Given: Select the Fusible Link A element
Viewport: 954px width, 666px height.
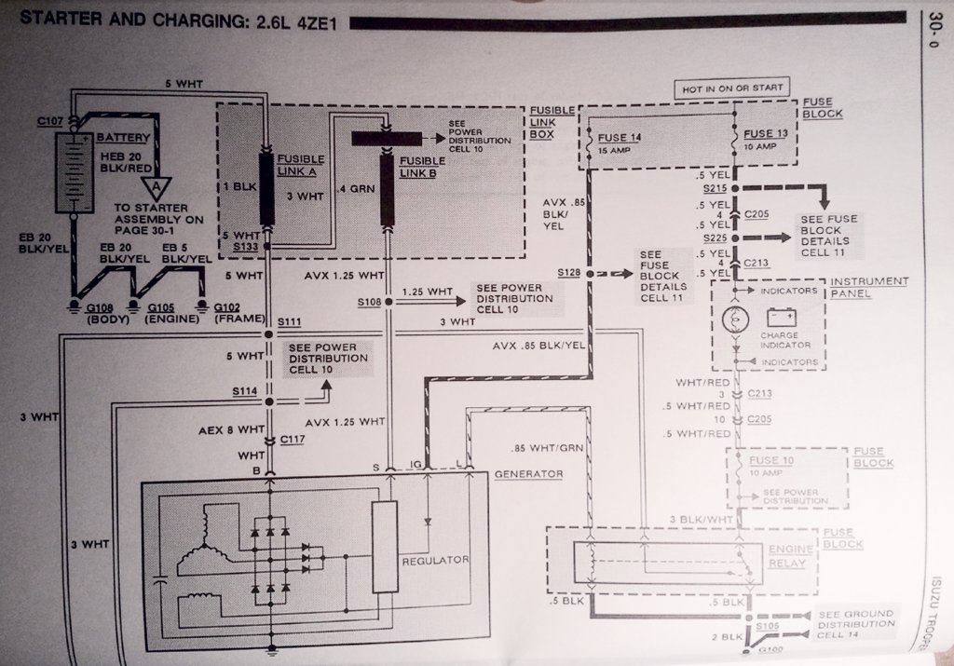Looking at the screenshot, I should [266, 189].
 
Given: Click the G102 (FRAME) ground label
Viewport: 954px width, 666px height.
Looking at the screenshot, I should [233, 308].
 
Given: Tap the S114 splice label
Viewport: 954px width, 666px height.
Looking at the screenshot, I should [246, 392].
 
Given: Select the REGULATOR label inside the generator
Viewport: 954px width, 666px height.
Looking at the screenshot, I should [435, 561].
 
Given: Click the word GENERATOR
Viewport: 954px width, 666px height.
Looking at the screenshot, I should [528, 474].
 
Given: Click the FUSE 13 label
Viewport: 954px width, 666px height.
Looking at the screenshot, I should [765, 133].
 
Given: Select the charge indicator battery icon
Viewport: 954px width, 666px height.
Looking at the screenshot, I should [778, 318].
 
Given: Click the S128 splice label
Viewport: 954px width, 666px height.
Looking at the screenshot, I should [568, 271].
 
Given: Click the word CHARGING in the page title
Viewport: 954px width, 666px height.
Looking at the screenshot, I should [157, 19].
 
